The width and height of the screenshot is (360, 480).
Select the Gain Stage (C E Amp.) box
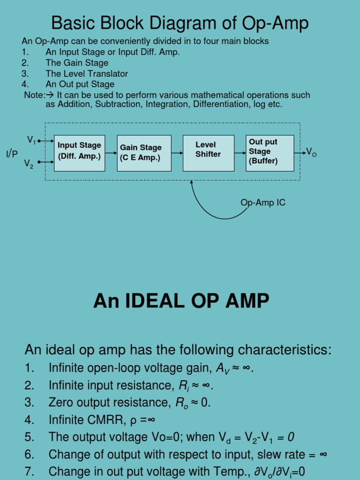pyautogui.click(x=144, y=153)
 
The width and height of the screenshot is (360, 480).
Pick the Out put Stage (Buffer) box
pyautogui.click(x=270, y=153)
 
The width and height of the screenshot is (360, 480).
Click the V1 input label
pyautogui.click(x=31, y=140)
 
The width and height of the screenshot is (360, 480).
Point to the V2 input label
pyautogui.click(x=29, y=164)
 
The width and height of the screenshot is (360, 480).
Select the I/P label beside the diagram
pyautogui.click(x=12, y=154)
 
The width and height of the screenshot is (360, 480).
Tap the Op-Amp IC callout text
pyautogui.click(x=262, y=202)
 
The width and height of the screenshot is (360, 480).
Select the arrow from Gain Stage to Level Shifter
pyautogui.click(x=177, y=153)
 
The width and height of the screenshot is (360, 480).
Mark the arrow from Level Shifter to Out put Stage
pyautogui.click(x=239, y=153)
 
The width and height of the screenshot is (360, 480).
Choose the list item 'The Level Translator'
pyautogui.click(x=86, y=74)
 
